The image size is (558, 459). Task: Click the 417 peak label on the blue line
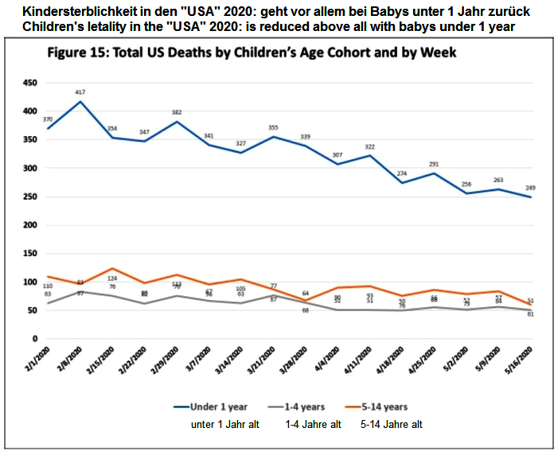[x=80, y=92]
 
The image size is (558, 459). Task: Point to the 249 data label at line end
[x=531, y=188]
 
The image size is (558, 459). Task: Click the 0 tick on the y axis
[x=33, y=340]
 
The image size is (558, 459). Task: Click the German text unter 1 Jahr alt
[x=225, y=425]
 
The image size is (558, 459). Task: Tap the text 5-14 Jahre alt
[x=392, y=425]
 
